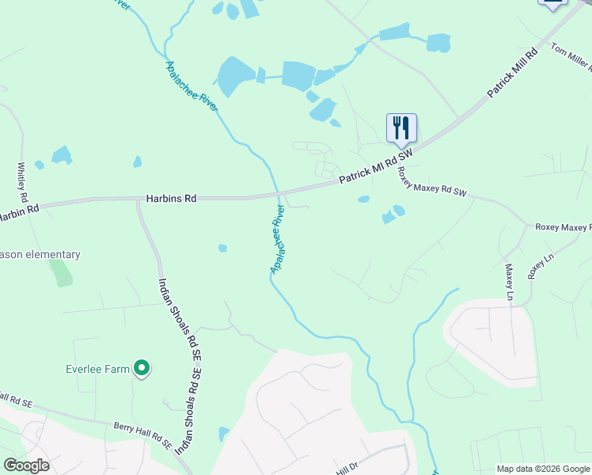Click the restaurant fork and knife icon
click(401, 127)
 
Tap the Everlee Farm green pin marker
click(142, 367)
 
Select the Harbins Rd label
click(171, 199)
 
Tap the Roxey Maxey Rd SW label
click(432, 184)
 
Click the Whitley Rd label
click(22, 182)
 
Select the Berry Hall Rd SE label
click(142, 435)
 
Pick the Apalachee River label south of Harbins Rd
click(278, 239)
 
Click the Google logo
click(26, 465)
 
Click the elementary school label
click(40, 255)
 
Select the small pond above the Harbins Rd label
click(138, 161)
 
